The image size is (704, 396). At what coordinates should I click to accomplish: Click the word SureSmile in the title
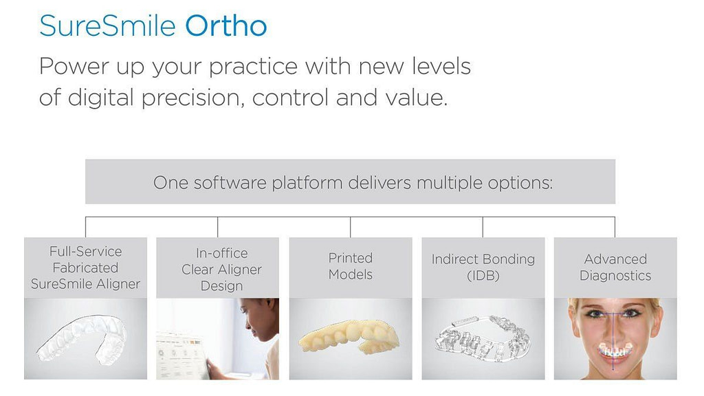coord(107,26)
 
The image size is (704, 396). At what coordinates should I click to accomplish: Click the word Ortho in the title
coord(226,26)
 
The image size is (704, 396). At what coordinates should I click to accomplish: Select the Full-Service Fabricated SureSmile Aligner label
coord(85,267)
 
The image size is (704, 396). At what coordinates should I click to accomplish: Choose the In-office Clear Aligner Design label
coord(221,269)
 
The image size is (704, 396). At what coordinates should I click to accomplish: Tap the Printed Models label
coord(350,266)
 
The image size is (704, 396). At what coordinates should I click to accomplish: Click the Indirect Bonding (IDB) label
coord(483,267)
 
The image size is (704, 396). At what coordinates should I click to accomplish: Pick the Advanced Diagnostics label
coord(615,267)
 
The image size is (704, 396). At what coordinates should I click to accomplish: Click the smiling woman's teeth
coord(615,351)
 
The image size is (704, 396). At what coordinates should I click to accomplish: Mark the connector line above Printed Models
coord(350,227)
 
